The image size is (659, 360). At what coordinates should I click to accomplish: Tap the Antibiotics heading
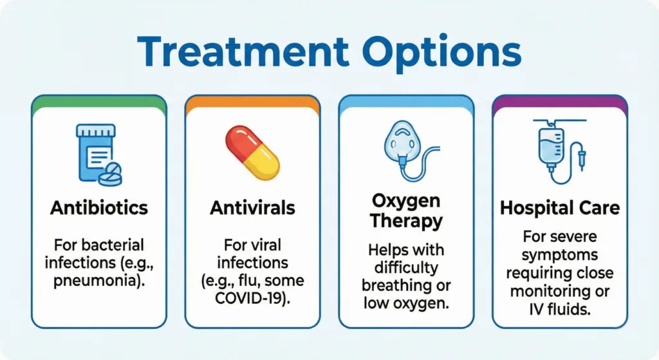pos(99,207)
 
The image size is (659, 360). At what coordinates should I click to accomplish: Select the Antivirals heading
pos(252,207)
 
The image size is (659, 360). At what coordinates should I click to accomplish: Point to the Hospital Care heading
pos(560,207)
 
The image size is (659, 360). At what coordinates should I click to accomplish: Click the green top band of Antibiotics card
pos(99,102)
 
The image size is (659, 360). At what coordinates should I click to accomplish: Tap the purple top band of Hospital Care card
pos(560,102)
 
